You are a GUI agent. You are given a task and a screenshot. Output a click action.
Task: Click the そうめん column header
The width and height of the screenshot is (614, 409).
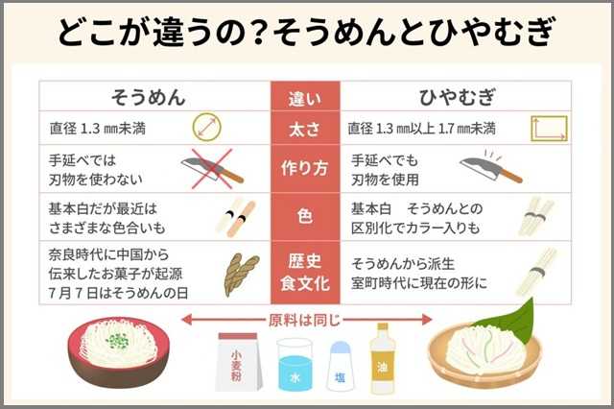pos(149,97)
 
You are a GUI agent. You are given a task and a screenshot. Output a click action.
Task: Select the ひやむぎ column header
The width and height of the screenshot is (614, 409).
pos(458,97)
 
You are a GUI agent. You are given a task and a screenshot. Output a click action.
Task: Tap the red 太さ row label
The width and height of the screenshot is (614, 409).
pos(305,130)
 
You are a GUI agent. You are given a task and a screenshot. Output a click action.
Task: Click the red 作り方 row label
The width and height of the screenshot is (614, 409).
pos(305,168)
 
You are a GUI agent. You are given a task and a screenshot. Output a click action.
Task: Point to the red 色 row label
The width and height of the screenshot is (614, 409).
pos(305,216)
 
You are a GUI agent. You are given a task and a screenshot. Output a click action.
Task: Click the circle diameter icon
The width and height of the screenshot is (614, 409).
pos(207,128)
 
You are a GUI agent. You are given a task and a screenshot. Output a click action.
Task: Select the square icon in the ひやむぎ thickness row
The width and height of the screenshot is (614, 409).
pos(549,128)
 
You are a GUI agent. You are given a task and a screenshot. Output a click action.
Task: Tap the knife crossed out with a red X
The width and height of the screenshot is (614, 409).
pos(212,168)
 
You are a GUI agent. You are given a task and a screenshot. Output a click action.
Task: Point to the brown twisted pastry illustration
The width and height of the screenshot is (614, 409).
pos(241,274)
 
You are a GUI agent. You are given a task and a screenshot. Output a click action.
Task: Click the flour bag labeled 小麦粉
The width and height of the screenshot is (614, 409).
pos(238,362)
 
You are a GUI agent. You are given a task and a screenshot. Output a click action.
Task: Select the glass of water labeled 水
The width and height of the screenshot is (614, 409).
pos(295,365)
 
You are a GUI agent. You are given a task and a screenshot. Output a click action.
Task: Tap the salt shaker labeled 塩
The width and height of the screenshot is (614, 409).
pos(340,367)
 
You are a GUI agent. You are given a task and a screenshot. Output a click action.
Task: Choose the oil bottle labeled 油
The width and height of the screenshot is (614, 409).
pos(383,359)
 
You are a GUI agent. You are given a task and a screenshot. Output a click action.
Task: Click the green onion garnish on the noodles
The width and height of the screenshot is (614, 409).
pos(117,341)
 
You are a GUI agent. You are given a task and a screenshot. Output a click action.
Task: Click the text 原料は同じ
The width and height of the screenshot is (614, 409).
pos(304,321)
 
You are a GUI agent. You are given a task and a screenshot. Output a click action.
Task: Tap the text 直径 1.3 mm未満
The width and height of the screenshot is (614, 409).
pos(97,128)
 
